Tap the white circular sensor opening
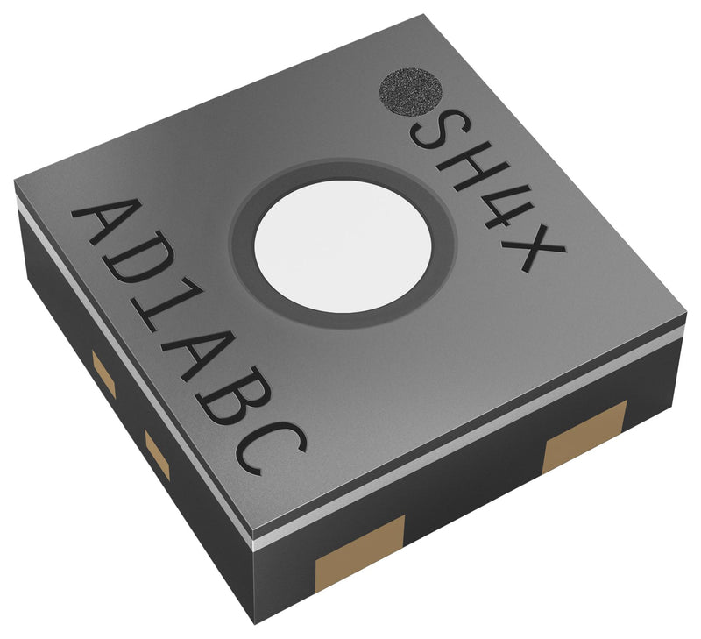[343, 245]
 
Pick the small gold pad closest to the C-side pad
[158, 454]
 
